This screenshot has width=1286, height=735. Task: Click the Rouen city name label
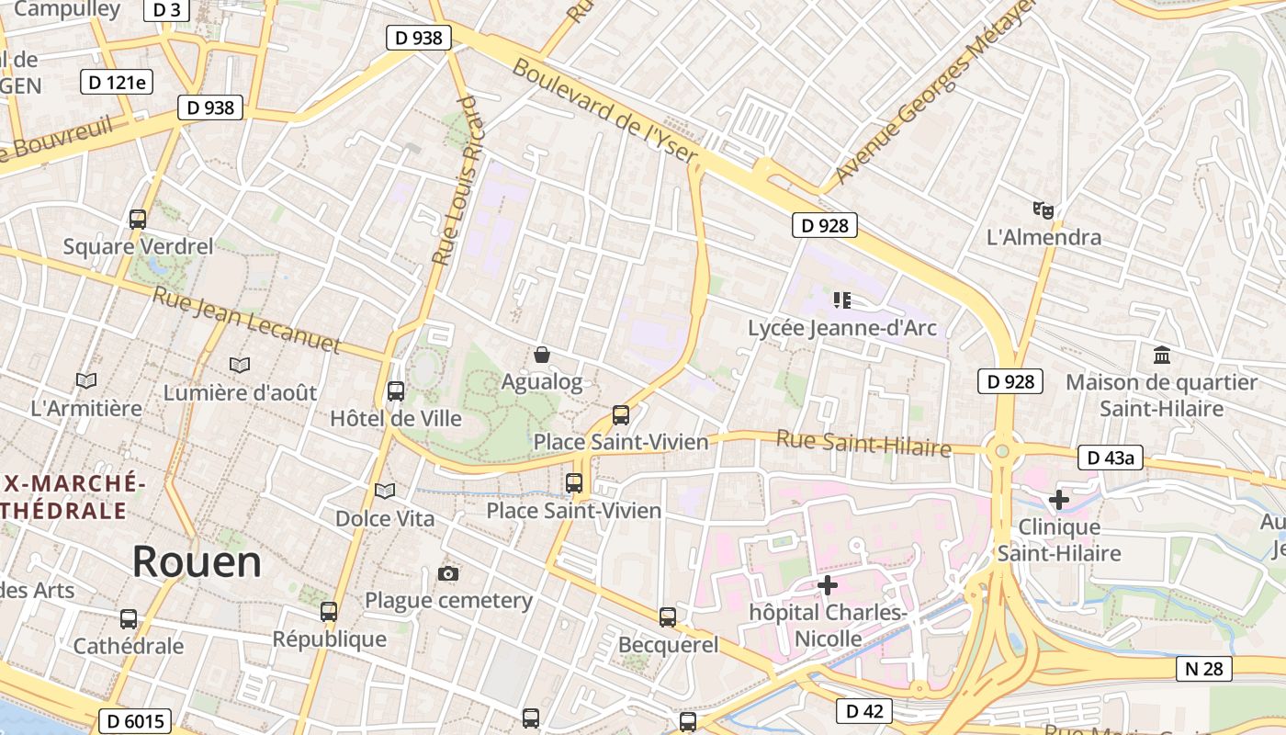(x=197, y=560)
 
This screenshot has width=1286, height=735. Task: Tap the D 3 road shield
(x=166, y=9)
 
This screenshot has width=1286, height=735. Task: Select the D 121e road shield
(x=117, y=82)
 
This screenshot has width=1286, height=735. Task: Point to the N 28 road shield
(x=1203, y=669)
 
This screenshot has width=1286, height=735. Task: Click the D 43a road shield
(x=1110, y=457)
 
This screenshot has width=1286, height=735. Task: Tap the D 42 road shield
(x=864, y=710)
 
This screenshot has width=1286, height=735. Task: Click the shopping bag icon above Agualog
(x=542, y=355)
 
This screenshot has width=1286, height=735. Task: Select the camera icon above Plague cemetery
(x=448, y=574)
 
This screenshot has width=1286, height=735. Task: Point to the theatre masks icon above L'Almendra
(x=1043, y=210)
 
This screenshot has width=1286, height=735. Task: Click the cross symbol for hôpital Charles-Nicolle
(x=828, y=584)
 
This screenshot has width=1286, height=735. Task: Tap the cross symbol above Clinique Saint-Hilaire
(x=1059, y=500)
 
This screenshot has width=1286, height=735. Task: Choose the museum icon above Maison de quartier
(x=1162, y=355)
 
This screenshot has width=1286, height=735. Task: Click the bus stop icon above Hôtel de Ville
(x=396, y=391)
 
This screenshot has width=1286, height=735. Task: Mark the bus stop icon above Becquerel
(x=668, y=617)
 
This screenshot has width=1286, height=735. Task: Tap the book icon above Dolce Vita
(x=385, y=492)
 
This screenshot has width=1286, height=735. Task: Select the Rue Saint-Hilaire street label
(x=863, y=443)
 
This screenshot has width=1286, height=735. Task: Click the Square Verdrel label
(x=138, y=246)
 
